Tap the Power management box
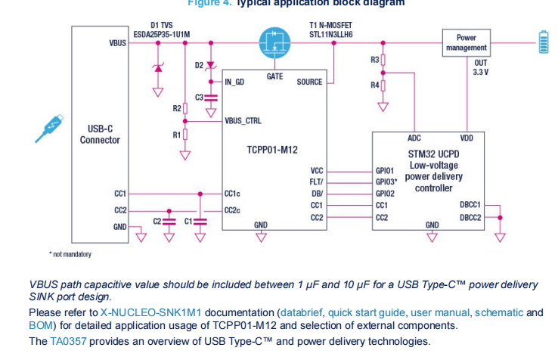point(467,42)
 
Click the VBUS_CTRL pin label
point(243,121)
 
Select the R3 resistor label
point(375,60)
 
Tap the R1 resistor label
point(177,135)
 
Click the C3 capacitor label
point(200,97)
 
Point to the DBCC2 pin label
point(470,217)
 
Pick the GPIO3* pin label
point(388,182)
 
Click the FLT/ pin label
point(315,182)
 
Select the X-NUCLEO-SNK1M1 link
point(149,312)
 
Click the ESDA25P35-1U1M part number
point(162,34)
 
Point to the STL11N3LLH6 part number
point(330,34)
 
